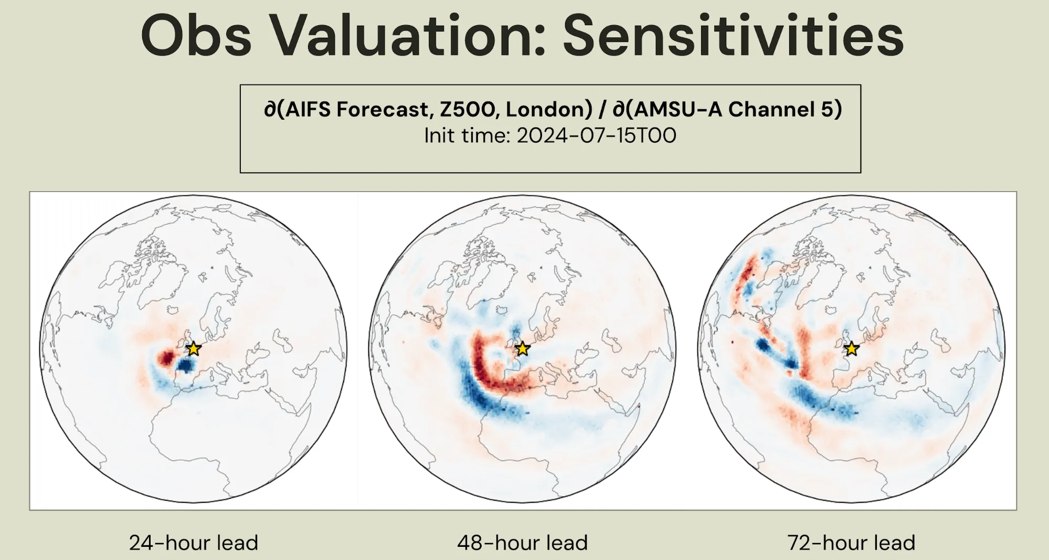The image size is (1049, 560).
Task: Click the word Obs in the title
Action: (197, 37)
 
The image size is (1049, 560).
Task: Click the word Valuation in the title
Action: (408, 37)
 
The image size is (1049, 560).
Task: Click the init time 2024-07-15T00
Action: (596, 136)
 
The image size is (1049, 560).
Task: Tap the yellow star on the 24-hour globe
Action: (194, 348)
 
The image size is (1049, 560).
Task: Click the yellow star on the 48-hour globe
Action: (523, 348)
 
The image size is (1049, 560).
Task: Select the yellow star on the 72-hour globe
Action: (851, 348)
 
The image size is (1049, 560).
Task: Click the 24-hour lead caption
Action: (194, 543)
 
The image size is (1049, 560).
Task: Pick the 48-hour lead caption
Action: (522, 543)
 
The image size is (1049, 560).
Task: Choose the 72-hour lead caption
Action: (851, 543)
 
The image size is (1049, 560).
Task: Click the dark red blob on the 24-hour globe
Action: (167, 358)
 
